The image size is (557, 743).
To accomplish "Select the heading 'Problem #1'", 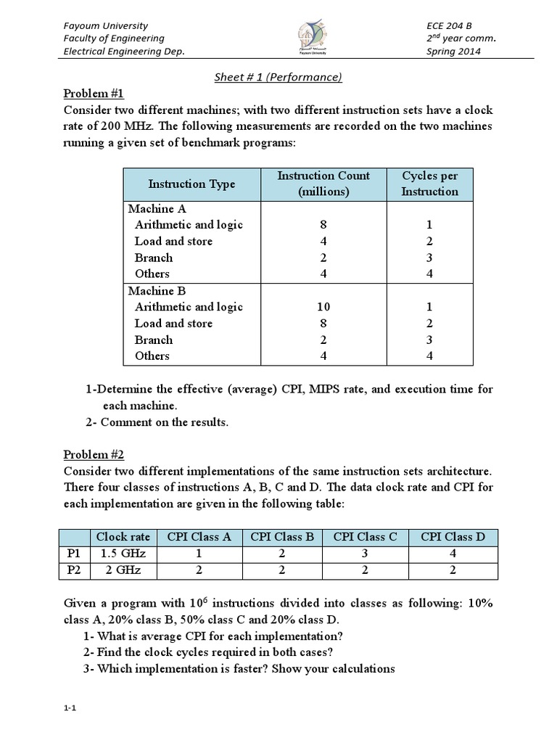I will click(94, 93).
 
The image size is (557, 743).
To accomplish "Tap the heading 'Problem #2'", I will click(94, 455).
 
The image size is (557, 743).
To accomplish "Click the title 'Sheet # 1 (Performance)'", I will click(278, 76).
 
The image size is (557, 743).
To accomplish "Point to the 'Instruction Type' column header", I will click(191, 184).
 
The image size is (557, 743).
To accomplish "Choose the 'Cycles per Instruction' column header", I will click(430, 184).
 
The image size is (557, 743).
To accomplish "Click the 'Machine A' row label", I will click(157, 209).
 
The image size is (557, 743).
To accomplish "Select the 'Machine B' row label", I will click(157, 291).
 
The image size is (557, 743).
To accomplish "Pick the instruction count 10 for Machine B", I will click(323, 307).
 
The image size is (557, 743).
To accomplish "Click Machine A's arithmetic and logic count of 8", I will click(323, 225).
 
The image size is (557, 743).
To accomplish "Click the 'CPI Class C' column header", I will click(365, 538).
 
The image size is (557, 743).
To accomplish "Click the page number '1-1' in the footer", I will click(70, 709).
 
